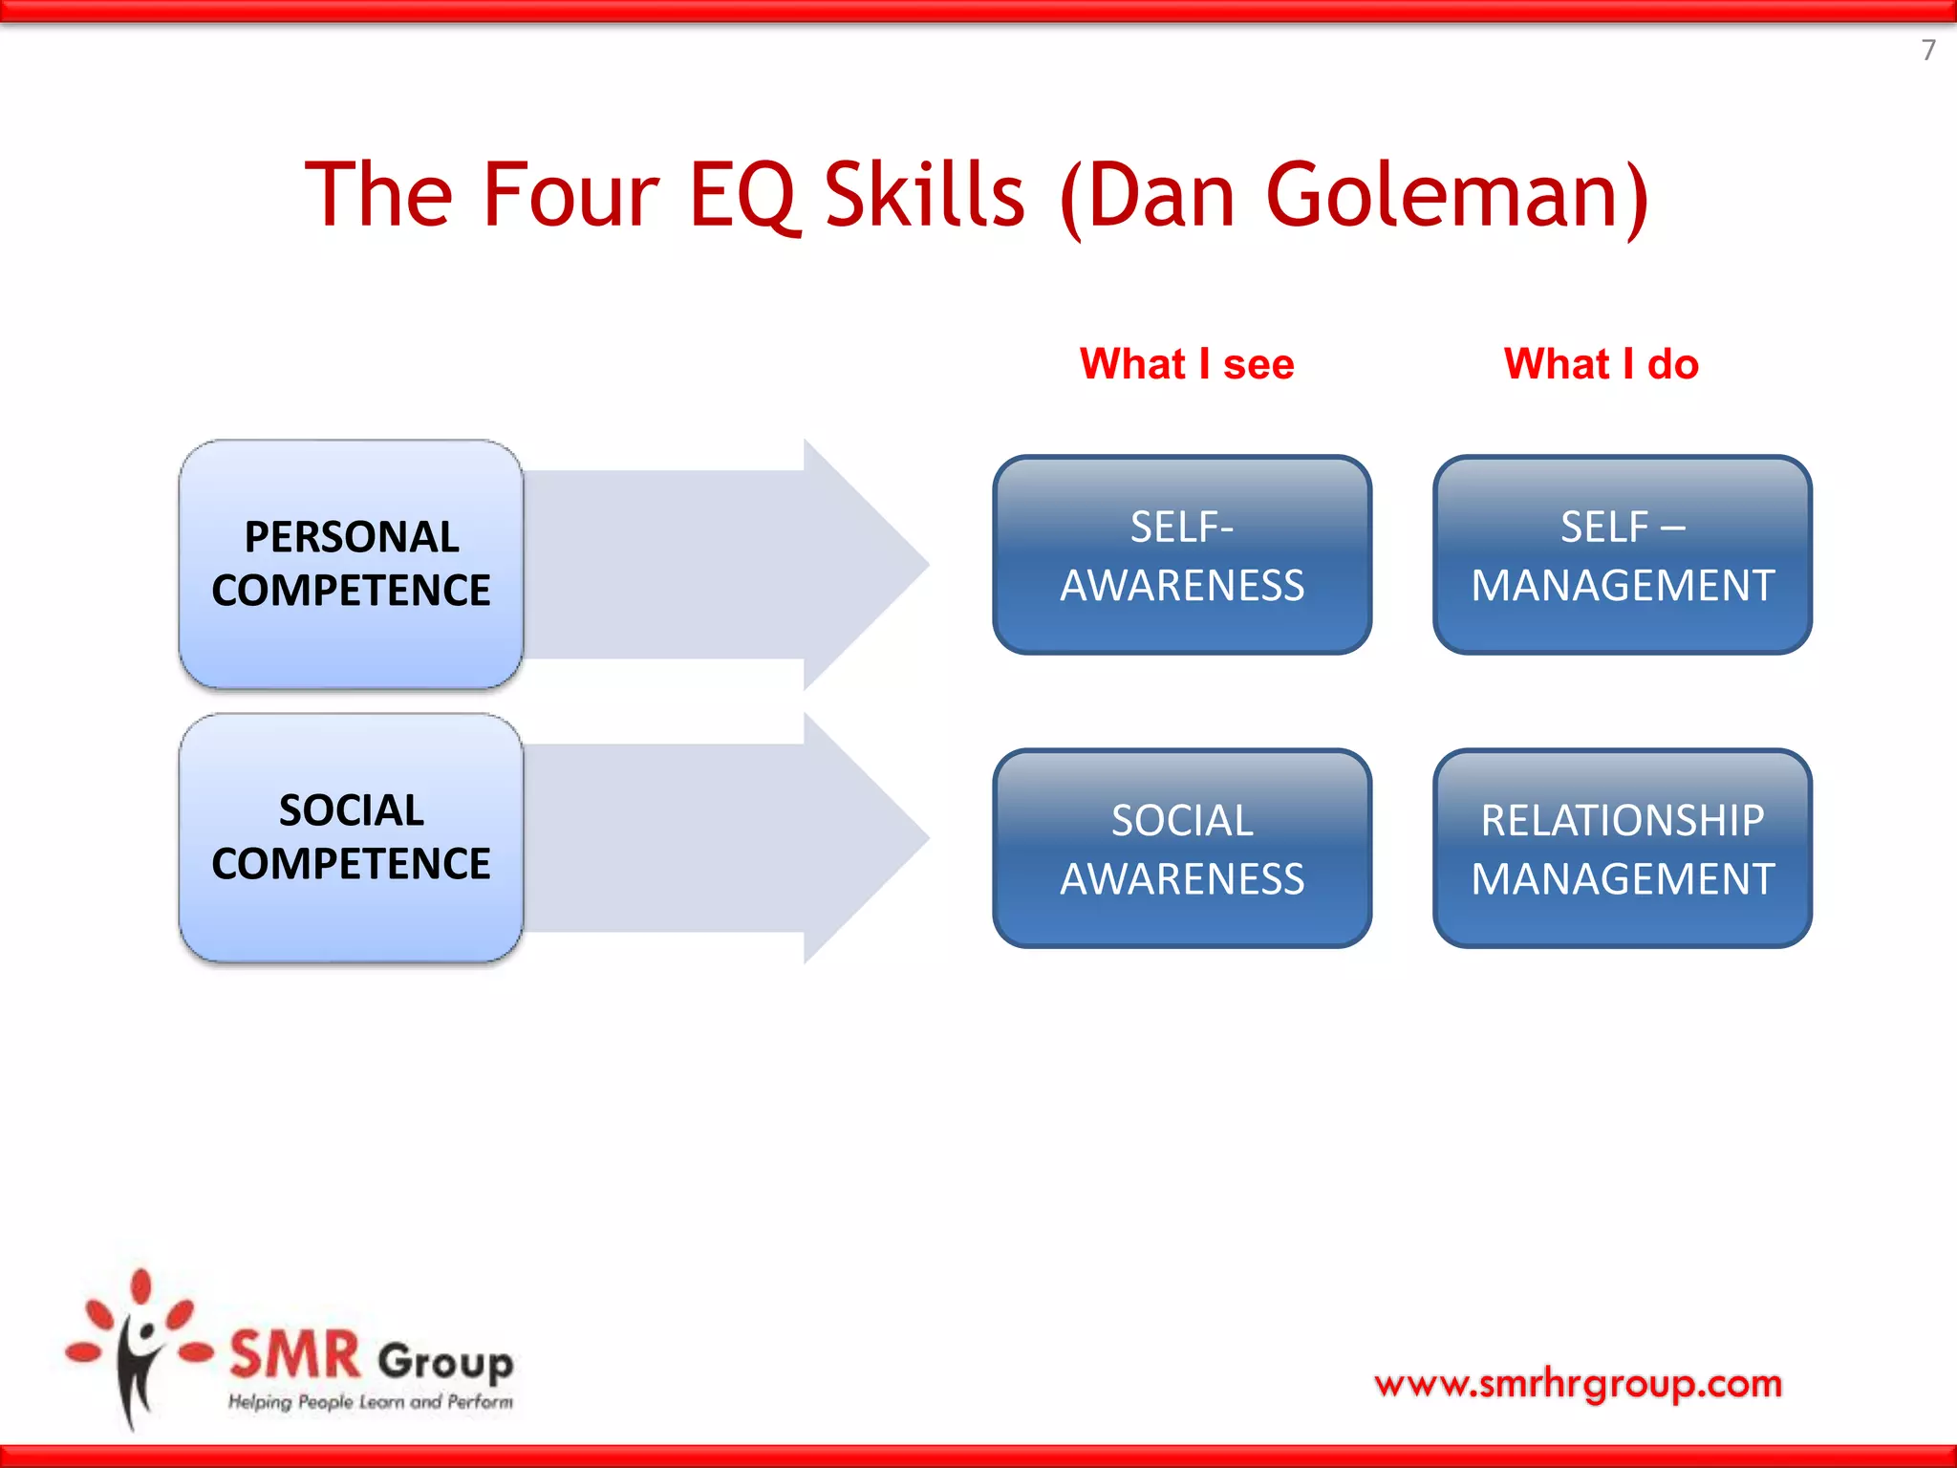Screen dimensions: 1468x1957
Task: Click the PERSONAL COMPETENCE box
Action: [x=351, y=564]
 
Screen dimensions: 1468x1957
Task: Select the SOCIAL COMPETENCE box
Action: [x=351, y=837]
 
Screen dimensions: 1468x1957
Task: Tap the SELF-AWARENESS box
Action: [x=1182, y=555]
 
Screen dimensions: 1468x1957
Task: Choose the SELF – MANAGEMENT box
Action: [x=1622, y=555]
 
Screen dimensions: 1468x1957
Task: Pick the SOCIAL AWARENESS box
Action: [x=1182, y=849]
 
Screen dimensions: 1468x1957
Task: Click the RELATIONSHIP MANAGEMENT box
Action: [x=1622, y=849]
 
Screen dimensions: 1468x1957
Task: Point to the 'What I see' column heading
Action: [x=1187, y=364]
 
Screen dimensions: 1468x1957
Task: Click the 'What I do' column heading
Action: [x=1601, y=364]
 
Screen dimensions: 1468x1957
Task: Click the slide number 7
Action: [x=1928, y=50]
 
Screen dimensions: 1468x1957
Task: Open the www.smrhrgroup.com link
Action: [x=1578, y=1383]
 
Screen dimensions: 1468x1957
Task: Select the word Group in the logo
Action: [x=445, y=1362]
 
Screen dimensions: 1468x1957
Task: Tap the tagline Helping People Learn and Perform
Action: [x=370, y=1402]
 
